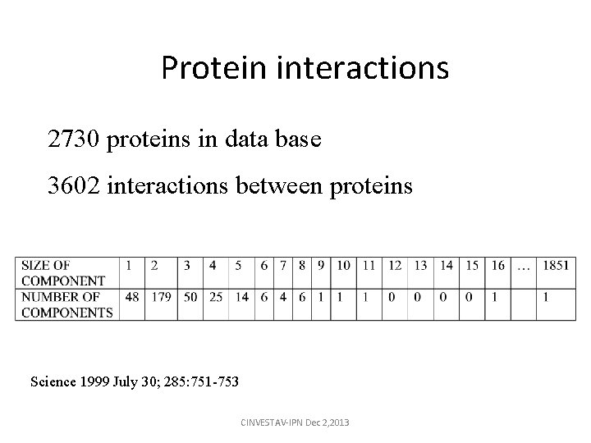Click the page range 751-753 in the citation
[x=217, y=381]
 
